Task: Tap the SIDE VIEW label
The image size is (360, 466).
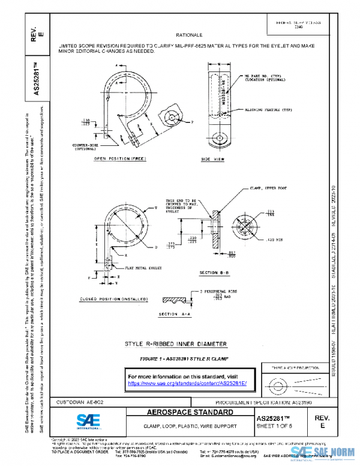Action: (x=212, y=159)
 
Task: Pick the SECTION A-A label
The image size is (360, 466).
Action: (x=176, y=314)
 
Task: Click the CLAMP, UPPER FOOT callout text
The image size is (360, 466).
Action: (x=267, y=189)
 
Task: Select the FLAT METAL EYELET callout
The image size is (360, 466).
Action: (x=135, y=261)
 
